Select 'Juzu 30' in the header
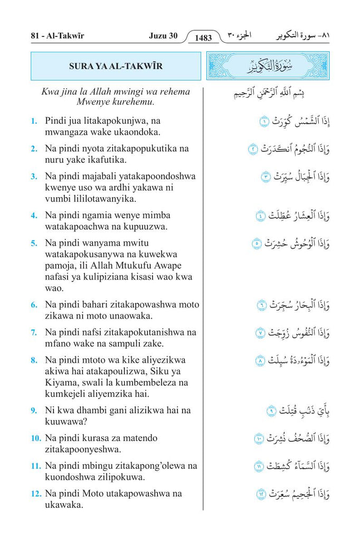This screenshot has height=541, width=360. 163,36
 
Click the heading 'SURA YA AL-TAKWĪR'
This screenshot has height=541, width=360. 116,66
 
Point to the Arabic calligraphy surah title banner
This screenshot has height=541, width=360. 268,66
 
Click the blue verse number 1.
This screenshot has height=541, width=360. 34,122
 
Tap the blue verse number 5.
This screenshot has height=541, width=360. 34,244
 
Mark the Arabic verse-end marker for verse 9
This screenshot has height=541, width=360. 271,411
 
